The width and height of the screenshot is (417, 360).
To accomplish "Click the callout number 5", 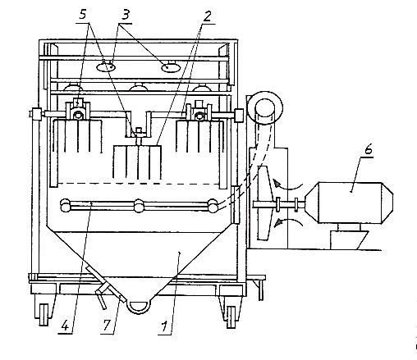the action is click(83, 15).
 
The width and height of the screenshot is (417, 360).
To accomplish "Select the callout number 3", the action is click(125, 15).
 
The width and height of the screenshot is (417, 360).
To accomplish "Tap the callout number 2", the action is click(207, 16).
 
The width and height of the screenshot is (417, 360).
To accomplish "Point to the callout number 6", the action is click(369, 150).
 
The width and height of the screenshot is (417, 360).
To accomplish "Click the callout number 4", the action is click(65, 326).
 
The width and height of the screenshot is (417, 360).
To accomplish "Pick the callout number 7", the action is click(107, 326).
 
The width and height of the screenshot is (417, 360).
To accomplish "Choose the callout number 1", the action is click(164, 326).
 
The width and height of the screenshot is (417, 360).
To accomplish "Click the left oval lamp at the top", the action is click(106, 66).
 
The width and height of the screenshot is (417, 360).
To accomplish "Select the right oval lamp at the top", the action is click(171, 67).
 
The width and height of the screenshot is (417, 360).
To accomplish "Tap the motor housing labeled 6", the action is click(349, 203).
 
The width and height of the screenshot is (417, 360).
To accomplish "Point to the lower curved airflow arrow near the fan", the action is click(288, 221).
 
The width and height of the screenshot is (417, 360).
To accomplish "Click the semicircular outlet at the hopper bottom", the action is click(140, 307).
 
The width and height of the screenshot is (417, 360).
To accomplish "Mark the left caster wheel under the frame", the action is click(44, 314).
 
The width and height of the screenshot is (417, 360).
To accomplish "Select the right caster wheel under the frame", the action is click(231, 317).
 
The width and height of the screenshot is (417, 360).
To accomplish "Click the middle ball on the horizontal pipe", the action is click(139, 206).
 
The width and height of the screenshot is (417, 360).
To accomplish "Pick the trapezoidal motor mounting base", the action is click(348, 239).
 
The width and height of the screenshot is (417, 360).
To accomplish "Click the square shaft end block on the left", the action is click(36, 113).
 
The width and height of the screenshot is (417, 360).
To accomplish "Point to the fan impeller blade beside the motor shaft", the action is click(264, 203).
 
